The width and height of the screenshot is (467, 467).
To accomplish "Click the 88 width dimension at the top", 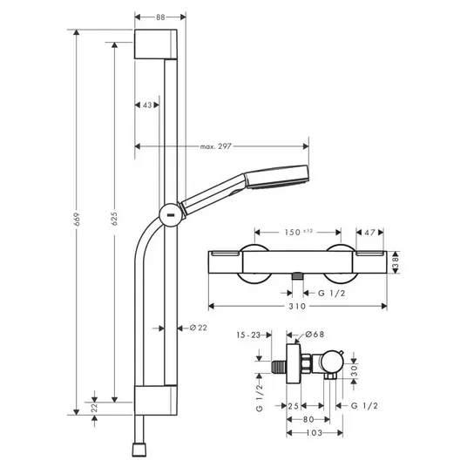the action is pyautogui.click(x=160, y=17).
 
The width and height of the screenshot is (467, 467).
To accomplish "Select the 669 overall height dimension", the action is pyautogui.click(x=77, y=219).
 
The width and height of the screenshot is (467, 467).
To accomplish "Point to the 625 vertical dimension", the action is pyautogui.click(x=114, y=219).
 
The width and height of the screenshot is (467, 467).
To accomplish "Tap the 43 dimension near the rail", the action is pyautogui.click(x=147, y=105).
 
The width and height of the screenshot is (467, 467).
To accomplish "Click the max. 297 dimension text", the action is pyautogui.click(x=215, y=146).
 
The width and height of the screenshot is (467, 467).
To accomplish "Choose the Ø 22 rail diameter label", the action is pyautogui.click(x=199, y=328).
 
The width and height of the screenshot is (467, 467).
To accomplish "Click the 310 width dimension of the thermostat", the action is pyautogui.click(x=297, y=306).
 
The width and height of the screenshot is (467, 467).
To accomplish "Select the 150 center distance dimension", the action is pyautogui.click(x=299, y=232).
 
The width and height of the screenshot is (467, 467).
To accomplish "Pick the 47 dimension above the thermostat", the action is pyautogui.click(x=369, y=233).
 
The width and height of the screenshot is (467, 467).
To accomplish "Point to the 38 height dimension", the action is pyautogui.click(x=396, y=262).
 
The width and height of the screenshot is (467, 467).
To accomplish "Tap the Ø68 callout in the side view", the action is pyautogui.click(x=315, y=335).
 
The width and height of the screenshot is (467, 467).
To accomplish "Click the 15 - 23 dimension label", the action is pyautogui.click(x=248, y=335).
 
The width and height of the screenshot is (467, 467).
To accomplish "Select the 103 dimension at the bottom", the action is pyautogui.click(x=315, y=433).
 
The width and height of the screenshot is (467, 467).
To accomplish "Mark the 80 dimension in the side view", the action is pyautogui.click(x=308, y=419).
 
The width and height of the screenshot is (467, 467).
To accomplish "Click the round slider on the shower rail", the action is pyautogui.click(x=171, y=214).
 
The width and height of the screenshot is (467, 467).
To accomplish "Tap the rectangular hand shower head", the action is pyautogui.click(x=277, y=177).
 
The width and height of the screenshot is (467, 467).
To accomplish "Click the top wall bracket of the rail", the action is pyautogui.click(x=156, y=44).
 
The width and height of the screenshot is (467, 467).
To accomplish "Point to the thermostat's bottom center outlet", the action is pyautogui.click(x=297, y=276).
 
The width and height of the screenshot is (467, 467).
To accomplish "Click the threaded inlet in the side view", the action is pyautogui.click(x=279, y=367).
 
